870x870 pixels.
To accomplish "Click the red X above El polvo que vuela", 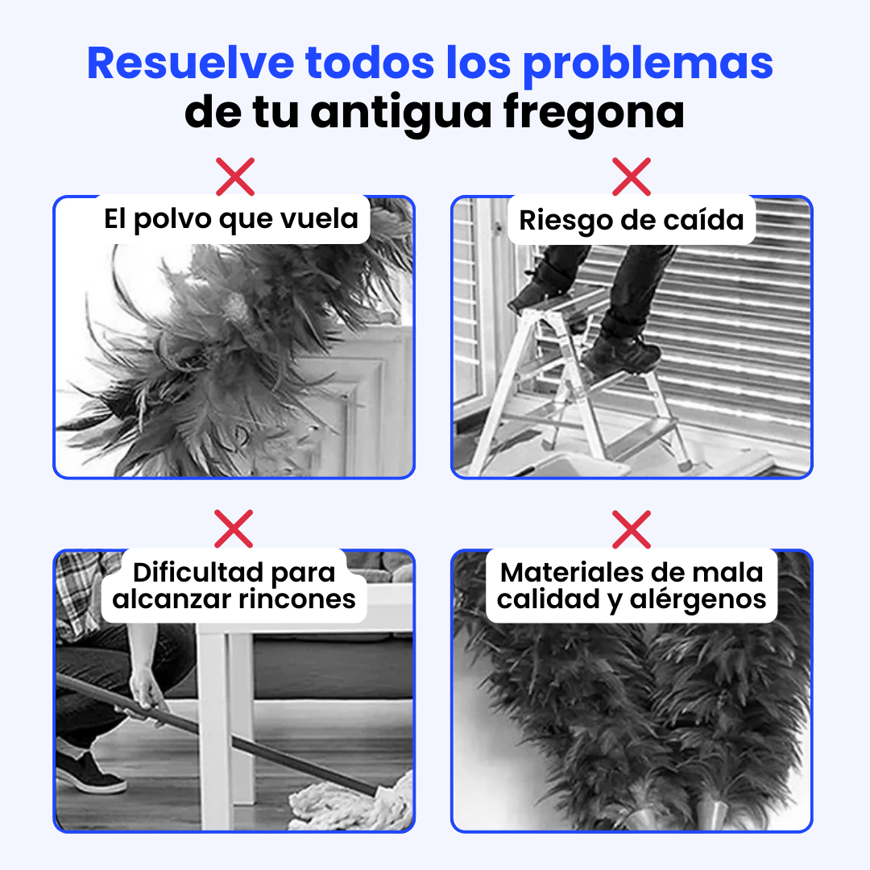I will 234,176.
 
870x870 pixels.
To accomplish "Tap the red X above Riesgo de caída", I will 632,176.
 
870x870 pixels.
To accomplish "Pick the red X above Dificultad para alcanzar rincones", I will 234,528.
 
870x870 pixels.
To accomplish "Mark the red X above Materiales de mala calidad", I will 632,528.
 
